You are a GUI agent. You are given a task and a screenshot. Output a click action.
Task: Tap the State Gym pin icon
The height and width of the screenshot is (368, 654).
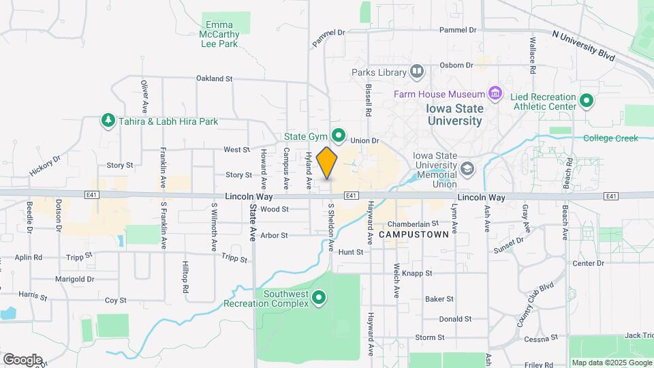pyautogui.click(x=336, y=134)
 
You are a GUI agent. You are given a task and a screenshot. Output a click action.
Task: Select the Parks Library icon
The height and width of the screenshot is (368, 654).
pyautogui.click(x=416, y=72)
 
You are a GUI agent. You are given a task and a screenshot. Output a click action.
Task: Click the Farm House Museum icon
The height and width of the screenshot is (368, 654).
pyautogui.click(x=495, y=93)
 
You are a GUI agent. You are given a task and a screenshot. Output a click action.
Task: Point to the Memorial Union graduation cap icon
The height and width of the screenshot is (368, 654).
pyautogui.click(x=467, y=168)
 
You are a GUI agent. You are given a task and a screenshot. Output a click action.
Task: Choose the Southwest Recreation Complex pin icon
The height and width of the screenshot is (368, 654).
pyautogui.click(x=318, y=298)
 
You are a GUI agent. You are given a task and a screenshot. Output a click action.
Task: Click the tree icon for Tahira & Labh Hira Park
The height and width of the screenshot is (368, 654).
pyautogui.click(x=108, y=121)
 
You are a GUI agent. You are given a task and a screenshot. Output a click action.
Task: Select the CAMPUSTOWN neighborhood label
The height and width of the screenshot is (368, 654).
pyautogui.click(x=414, y=234)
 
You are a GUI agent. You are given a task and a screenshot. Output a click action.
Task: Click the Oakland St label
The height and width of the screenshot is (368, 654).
pyautogui.click(x=214, y=79)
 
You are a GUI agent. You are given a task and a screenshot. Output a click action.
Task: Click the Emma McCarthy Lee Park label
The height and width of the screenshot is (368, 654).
pyautogui.click(x=219, y=34)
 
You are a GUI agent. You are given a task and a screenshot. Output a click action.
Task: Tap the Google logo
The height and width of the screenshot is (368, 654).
pyautogui.click(x=22, y=360)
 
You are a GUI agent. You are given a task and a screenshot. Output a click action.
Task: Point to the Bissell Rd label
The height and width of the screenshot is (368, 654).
pyautogui.click(x=368, y=99)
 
